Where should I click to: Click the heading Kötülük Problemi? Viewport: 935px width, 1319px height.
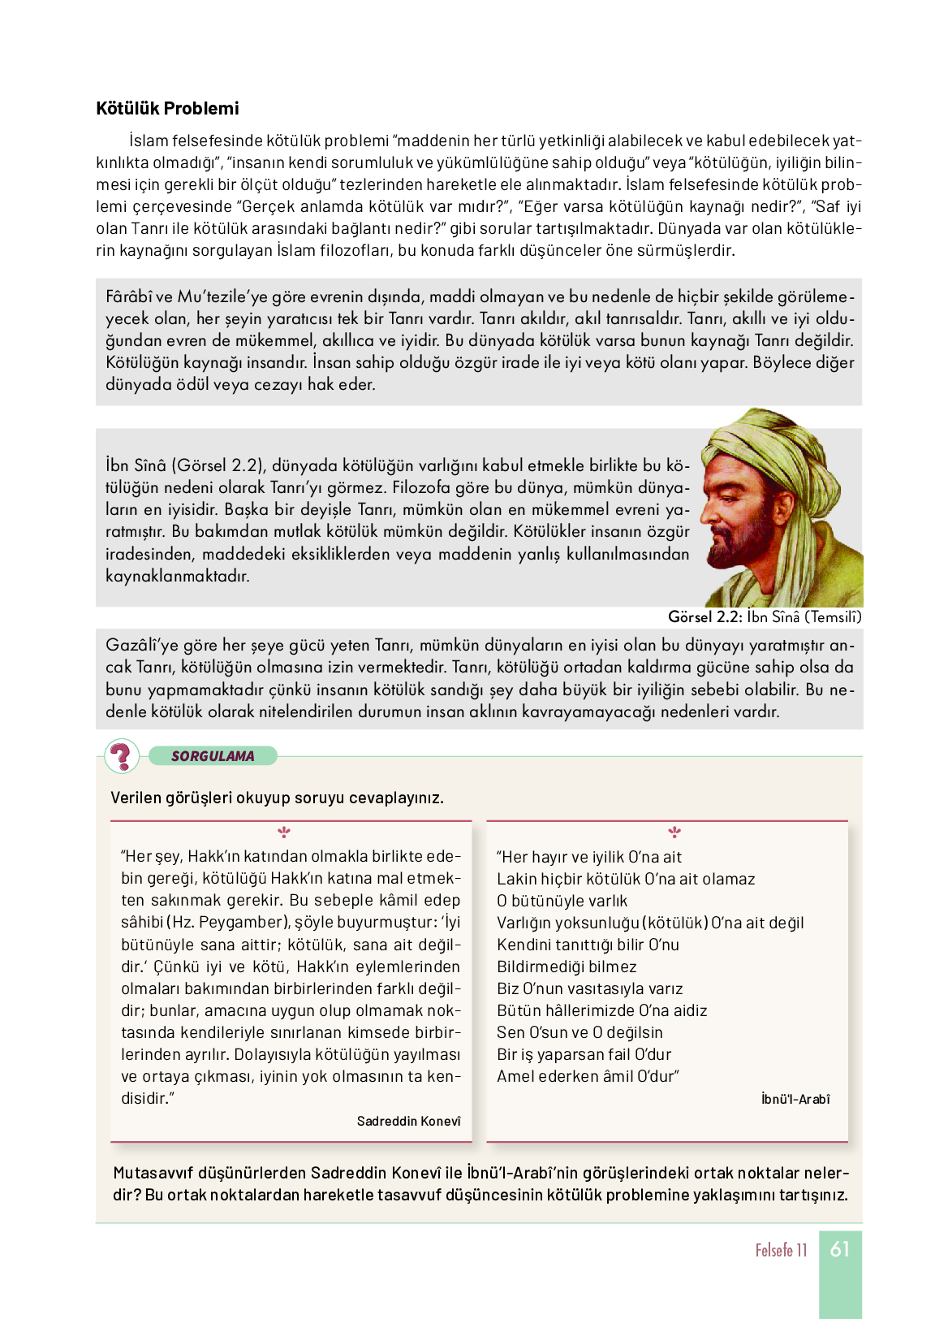pos(167,109)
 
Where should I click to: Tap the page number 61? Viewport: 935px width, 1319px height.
pos(840,1249)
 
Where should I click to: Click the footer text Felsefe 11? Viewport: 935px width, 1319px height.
pos(781,1251)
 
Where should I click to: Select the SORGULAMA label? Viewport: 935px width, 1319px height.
pos(213,756)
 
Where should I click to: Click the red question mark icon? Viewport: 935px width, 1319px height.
pos(122,756)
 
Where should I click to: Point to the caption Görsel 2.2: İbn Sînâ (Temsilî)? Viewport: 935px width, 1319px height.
pos(765,617)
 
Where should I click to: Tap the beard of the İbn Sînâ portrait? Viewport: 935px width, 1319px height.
pos(735,552)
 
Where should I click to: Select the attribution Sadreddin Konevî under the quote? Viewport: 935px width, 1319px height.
pos(408,1122)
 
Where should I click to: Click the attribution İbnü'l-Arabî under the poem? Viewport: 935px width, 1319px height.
pos(795,1100)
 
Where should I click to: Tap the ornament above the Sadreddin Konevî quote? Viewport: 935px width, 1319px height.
pos(284,832)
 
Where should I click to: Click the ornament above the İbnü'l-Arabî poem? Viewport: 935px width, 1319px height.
pos(674,832)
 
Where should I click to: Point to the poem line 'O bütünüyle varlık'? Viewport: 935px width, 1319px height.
pos(562,902)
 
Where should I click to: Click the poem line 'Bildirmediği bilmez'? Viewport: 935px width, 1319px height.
pos(567,967)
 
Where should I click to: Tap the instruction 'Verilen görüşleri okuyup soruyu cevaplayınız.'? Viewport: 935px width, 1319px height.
pos(277,798)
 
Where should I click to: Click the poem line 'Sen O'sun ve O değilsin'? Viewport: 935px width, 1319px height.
pos(580,1033)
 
